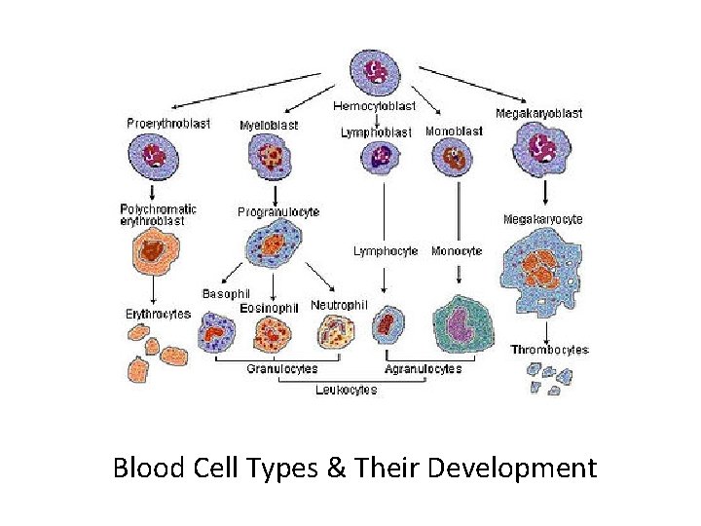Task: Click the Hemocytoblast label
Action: click(x=374, y=105)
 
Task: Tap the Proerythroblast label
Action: click(x=167, y=124)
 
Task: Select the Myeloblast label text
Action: click(x=268, y=125)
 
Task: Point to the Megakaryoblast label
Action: click(x=538, y=113)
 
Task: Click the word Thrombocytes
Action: click(x=549, y=350)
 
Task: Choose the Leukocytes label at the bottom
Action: click(x=346, y=390)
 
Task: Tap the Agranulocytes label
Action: click(x=423, y=369)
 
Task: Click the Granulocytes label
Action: click(x=281, y=369)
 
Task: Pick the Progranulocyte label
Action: click(x=277, y=211)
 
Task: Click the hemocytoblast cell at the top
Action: click(x=374, y=72)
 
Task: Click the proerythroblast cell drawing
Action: click(x=154, y=157)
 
